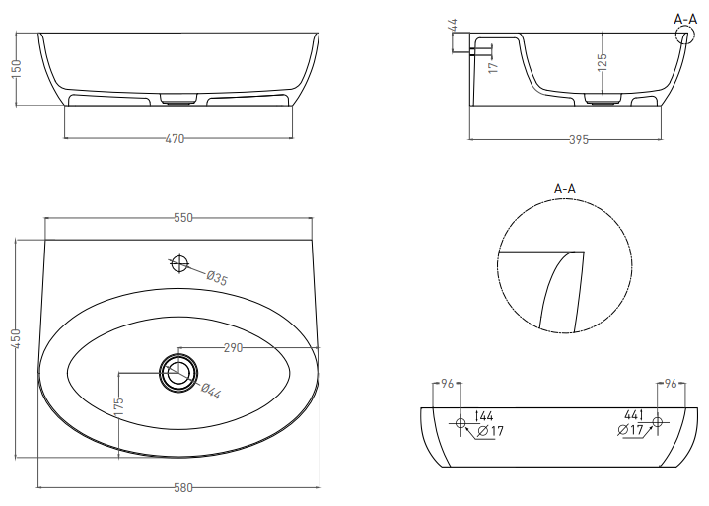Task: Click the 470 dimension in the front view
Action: pos(174,139)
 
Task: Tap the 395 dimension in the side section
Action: pos(579,140)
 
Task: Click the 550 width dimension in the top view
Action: pos(183,218)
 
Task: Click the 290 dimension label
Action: pos(234,348)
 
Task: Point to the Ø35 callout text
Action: pos(217,278)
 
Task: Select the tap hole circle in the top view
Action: pos(178,263)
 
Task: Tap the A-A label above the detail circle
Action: pos(565,187)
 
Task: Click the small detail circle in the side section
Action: pos(682,36)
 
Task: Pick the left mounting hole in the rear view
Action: pos(459,423)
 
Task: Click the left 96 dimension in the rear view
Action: pos(445,383)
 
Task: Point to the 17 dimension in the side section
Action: pos(493,64)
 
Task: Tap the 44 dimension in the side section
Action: pos(453,24)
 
